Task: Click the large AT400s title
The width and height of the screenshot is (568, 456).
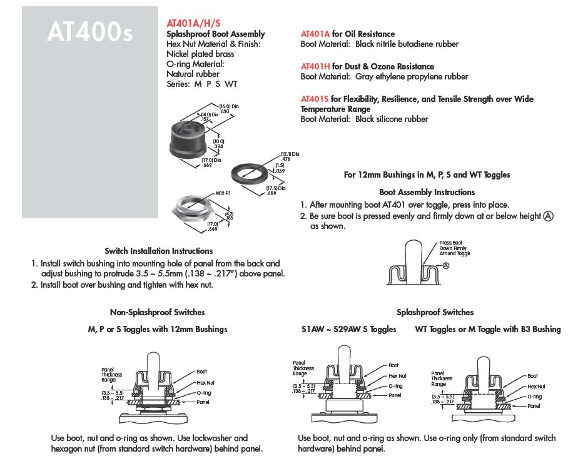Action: pyautogui.click(x=89, y=33)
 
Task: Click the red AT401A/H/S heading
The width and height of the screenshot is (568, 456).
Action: pyautogui.click(x=193, y=22)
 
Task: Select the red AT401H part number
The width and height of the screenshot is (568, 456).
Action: pyautogui.click(x=315, y=66)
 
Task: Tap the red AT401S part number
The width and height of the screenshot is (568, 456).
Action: pyautogui.click(x=315, y=99)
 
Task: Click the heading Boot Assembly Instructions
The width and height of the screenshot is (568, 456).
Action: pyautogui.click(x=427, y=192)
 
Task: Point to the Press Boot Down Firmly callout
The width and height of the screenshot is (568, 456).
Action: pyautogui.click(x=454, y=248)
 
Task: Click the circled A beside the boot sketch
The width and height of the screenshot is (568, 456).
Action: pyautogui.click(x=445, y=265)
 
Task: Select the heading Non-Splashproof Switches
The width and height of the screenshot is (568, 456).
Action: pyautogui.click(x=157, y=312)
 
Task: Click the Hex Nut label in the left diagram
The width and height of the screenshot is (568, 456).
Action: pyautogui.click(x=205, y=382)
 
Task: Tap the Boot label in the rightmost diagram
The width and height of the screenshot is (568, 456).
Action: pyautogui.click(x=532, y=376)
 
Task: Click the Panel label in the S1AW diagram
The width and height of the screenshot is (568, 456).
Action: pyautogui.click(x=395, y=395)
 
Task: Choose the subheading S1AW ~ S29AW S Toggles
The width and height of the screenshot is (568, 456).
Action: pyautogui.click(x=348, y=329)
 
